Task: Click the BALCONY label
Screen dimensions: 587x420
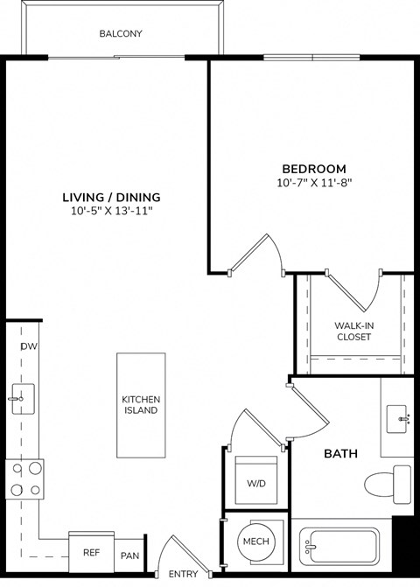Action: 121,34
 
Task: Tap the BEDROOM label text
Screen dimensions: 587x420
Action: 313,168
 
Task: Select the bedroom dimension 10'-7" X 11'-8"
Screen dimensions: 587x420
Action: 313,184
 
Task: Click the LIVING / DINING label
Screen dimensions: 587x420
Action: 115,197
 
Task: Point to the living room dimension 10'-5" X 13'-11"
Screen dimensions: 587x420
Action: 115,212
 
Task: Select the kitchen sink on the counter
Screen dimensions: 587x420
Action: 20,398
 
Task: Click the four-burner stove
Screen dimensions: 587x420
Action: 24,479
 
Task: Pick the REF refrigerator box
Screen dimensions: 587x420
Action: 91,552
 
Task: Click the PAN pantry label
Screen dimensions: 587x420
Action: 129,556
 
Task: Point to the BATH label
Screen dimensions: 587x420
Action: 339,454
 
